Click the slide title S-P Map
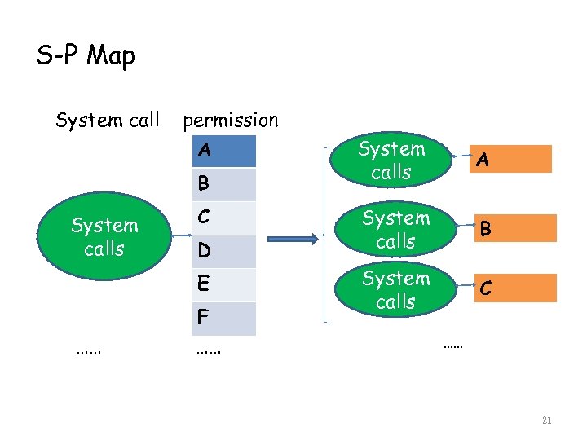(x=86, y=55)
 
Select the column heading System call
(x=107, y=121)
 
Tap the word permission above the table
(x=231, y=121)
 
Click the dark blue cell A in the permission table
(x=224, y=151)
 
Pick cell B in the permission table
(x=224, y=184)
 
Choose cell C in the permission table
(x=224, y=218)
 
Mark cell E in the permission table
(x=224, y=284)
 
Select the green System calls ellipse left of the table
(x=104, y=236)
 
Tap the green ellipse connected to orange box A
(x=392, y=161)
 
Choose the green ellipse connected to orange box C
(x=395, y=290)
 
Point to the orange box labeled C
(x=517, y=288)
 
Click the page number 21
(x=546, y=420)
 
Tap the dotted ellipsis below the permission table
(x=210, y=351)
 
